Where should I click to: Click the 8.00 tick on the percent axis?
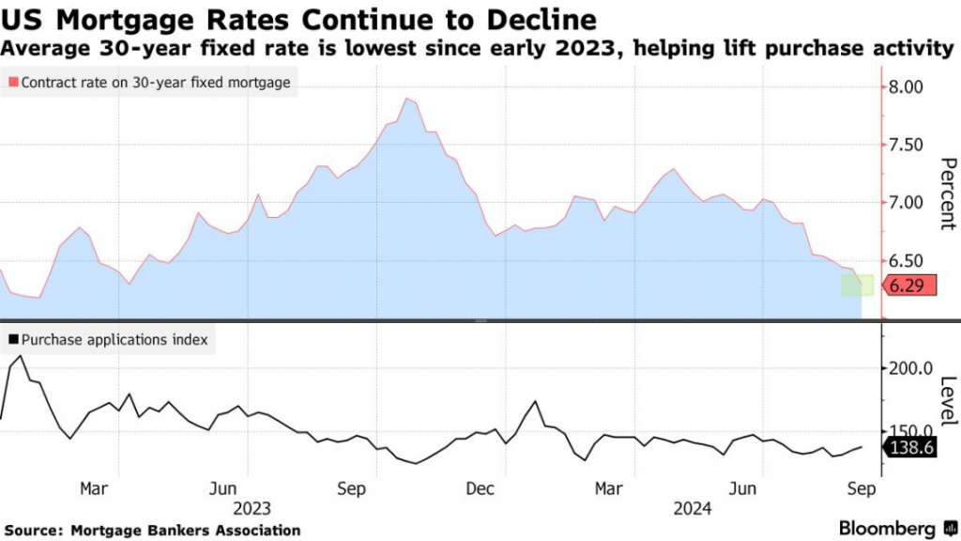907,87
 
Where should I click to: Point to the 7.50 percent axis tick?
907,145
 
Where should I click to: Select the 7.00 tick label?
907,203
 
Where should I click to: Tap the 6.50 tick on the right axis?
907,261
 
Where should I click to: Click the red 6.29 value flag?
906,286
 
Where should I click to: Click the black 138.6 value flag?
908,449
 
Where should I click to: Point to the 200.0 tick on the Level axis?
908,368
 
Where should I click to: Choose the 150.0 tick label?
908,430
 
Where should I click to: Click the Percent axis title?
946,193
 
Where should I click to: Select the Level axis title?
946,398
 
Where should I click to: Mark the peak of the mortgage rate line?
406,99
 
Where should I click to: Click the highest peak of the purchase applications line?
21,356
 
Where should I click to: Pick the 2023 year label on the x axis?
252,508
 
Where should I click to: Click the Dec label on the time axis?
480,488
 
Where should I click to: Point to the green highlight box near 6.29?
858,286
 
